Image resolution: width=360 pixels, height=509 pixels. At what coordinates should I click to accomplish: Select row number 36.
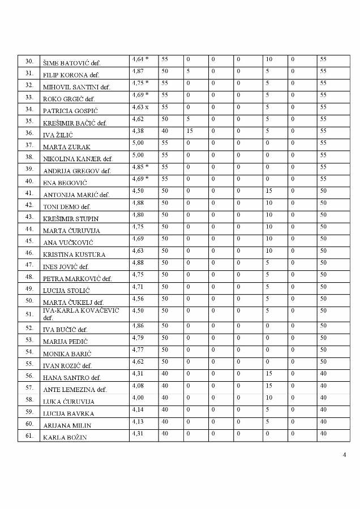point(29,133)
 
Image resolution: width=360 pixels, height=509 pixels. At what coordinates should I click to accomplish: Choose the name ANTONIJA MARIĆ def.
point(76,195)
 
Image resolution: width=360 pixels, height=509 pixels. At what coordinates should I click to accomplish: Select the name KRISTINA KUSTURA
point(74,255)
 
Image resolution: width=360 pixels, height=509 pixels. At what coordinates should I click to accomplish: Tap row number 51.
point(29,314)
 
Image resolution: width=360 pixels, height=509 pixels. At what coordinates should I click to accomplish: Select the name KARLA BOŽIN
point(65,437)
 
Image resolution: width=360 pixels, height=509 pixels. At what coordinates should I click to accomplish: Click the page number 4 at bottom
point(345,455)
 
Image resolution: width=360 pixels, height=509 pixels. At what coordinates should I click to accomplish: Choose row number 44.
point(29,229)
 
